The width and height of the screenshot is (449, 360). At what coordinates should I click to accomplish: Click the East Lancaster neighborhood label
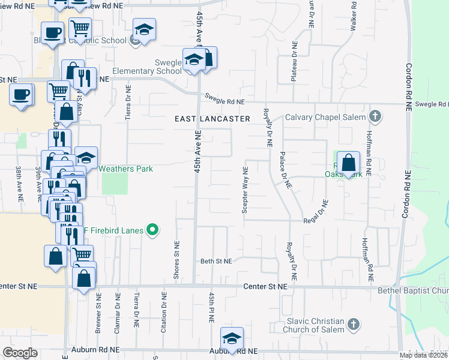pyautogui.click(x=212, y=119)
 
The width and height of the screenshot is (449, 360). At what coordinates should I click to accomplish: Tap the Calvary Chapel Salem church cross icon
pyautogui.click(x=375, y=116)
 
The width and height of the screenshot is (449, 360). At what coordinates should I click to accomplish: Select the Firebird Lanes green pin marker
pyautogui.click(x=152, y=229)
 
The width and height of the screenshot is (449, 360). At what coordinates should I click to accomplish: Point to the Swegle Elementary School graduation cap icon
pyautogui.click(x=194, y=60)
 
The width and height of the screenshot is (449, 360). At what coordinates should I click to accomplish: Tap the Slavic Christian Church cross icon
pyautogui.click(x=354, y=325)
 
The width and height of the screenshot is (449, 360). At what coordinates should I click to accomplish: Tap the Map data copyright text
pyautogui.click(x=423, y=355)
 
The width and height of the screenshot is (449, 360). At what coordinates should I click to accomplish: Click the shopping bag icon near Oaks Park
pyautogui.click(x=348, y=163)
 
